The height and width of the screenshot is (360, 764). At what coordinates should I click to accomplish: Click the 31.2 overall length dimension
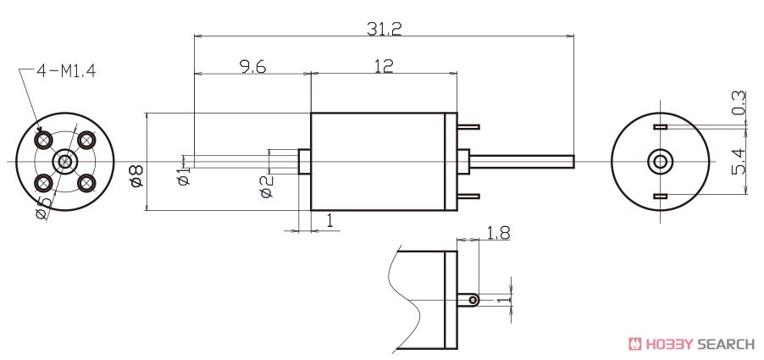coord(384,29)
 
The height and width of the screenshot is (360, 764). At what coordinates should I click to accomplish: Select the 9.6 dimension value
coord(253,66)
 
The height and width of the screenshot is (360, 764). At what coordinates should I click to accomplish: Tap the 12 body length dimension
coord(384,66)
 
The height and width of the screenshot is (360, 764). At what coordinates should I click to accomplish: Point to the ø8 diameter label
coord(137,176)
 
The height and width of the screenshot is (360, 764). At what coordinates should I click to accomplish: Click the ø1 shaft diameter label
coord(184,177)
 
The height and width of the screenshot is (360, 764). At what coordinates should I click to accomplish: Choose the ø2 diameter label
coord(267,186)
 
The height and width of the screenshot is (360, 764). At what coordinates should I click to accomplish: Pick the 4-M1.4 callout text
coord(66,71)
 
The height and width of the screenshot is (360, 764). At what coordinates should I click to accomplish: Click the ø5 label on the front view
coord(43,208)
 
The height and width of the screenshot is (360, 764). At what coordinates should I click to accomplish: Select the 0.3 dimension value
coord(739,102)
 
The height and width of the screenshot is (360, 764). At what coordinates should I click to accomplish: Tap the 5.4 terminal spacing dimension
coord(739,162)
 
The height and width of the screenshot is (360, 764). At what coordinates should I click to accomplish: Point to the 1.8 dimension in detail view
coord(498,233)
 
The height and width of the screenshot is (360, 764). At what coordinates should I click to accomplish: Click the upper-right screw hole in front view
coord(86,141)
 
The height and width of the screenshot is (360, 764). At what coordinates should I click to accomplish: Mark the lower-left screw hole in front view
coord(43,183)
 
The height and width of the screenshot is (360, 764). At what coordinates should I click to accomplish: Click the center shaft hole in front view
coord(65,161)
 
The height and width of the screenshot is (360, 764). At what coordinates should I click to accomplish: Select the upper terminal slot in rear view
coord(660,127)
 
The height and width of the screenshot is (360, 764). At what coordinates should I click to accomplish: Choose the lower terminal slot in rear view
coord(660,197)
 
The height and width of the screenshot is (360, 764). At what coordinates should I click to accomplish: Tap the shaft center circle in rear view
coord(660,161)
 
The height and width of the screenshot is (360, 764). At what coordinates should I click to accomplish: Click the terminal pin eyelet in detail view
coord(473,300)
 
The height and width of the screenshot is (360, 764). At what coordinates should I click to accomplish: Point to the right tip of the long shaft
coord(574,161)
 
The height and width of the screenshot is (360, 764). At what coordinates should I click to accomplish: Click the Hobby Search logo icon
coord(635,344)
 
